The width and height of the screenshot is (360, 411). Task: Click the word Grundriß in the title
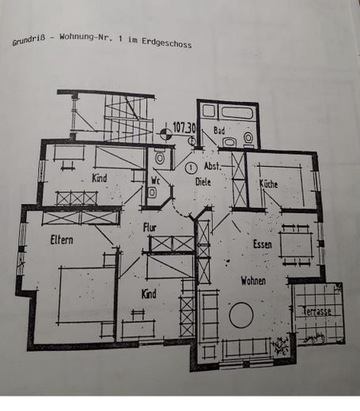(30, 42)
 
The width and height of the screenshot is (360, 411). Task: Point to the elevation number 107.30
(184, 126)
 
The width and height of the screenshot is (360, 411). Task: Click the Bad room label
(219, 130)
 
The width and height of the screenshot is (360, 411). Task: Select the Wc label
(155, 179)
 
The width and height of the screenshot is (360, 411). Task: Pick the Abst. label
(212, 168)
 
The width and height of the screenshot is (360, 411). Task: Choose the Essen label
(263, 245)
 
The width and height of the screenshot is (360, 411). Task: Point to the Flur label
(149, 228)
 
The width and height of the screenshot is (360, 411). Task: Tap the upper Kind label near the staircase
(99, 179)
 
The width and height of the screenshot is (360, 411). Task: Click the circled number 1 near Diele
(191, 168)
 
